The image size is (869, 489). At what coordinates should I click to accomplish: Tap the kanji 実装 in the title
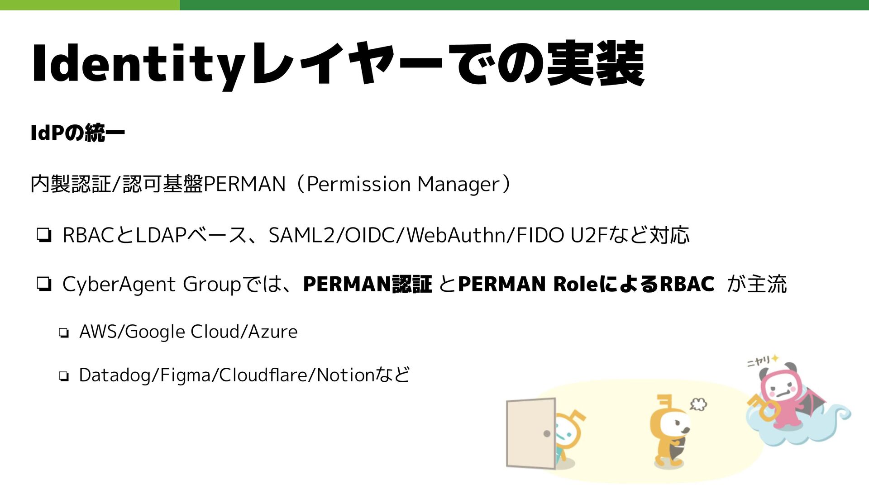(x=595, y=63)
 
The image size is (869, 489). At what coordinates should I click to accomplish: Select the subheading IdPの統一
(x=77, y=133)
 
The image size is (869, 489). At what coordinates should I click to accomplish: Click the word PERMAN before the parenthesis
(x=245, y=184)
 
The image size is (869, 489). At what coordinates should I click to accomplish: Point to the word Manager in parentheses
(x=458, y=184)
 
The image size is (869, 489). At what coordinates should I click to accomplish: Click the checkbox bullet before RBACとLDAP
(x=44, y=236)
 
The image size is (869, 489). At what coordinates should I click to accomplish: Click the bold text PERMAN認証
(x=367, y=284)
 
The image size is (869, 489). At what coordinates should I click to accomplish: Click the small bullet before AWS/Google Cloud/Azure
(x=63, y=333)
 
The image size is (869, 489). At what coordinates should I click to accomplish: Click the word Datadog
(x=115, y=375)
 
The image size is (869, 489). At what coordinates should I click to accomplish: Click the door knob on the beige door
(x=547, y=434)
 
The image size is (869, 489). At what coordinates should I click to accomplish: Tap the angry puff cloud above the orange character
(x=698, y=404)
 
